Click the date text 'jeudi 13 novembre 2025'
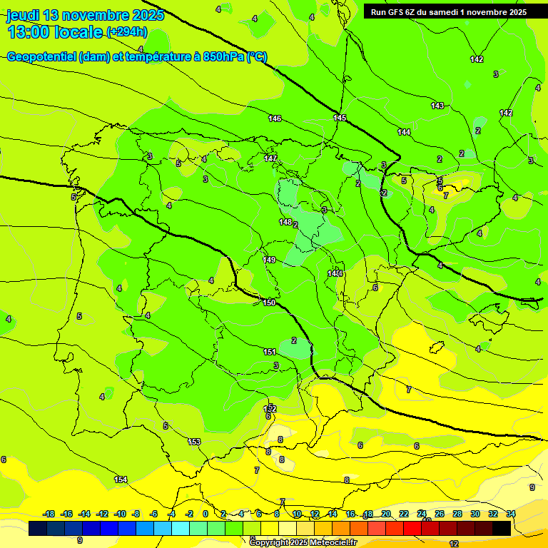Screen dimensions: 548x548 (85, 15)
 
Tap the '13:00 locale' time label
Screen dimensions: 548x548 (56, 31)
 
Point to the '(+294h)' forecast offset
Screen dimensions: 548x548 (127, 31)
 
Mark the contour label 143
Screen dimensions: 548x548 (437, 106)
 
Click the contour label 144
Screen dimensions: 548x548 (404, 132)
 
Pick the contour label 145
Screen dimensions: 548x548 (340, 118)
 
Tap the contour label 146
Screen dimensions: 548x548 (275, 118)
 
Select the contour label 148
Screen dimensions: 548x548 (285, 223)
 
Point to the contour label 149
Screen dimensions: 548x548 (270, 260)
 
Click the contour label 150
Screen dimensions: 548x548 (269, 303)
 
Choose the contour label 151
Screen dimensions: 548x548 (270, 352)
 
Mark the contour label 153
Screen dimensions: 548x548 (194, 442)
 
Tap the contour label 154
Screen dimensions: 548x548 (121, 479)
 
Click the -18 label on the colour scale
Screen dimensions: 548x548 (49, 514)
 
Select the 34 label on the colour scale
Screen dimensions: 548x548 (511, 514)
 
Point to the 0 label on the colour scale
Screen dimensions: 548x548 (205, 514)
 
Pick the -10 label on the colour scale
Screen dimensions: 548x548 (120, 514)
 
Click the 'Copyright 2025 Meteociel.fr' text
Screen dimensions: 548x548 (303, 542)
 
